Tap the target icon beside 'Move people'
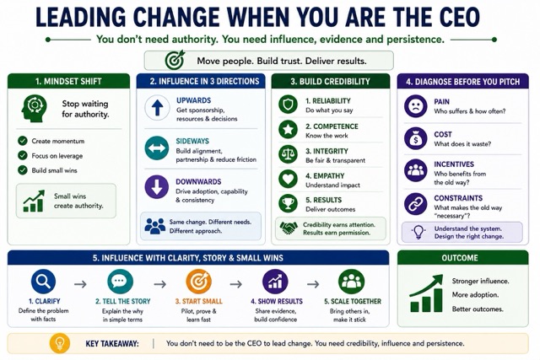(175, 60)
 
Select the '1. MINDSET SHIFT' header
(68, 82)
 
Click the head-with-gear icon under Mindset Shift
(34, 109)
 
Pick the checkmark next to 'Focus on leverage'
(23, 156)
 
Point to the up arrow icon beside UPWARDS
(157, 108)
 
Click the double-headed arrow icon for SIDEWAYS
(157, 148)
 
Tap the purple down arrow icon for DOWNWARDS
(157, 187)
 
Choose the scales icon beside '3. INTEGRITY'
(288, 153)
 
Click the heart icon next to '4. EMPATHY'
(288, 179)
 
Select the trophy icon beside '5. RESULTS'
(288, 203)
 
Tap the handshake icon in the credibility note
(289, 228)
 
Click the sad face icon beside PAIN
(416, 106)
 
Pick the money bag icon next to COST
(416, 138)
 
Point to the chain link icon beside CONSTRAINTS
(416, 204)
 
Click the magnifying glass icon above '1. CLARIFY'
(43, 282)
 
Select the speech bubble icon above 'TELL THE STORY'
(120, 282)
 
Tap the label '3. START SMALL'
(199, 301)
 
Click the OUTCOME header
(460, 258)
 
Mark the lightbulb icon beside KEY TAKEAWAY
(60, 343)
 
